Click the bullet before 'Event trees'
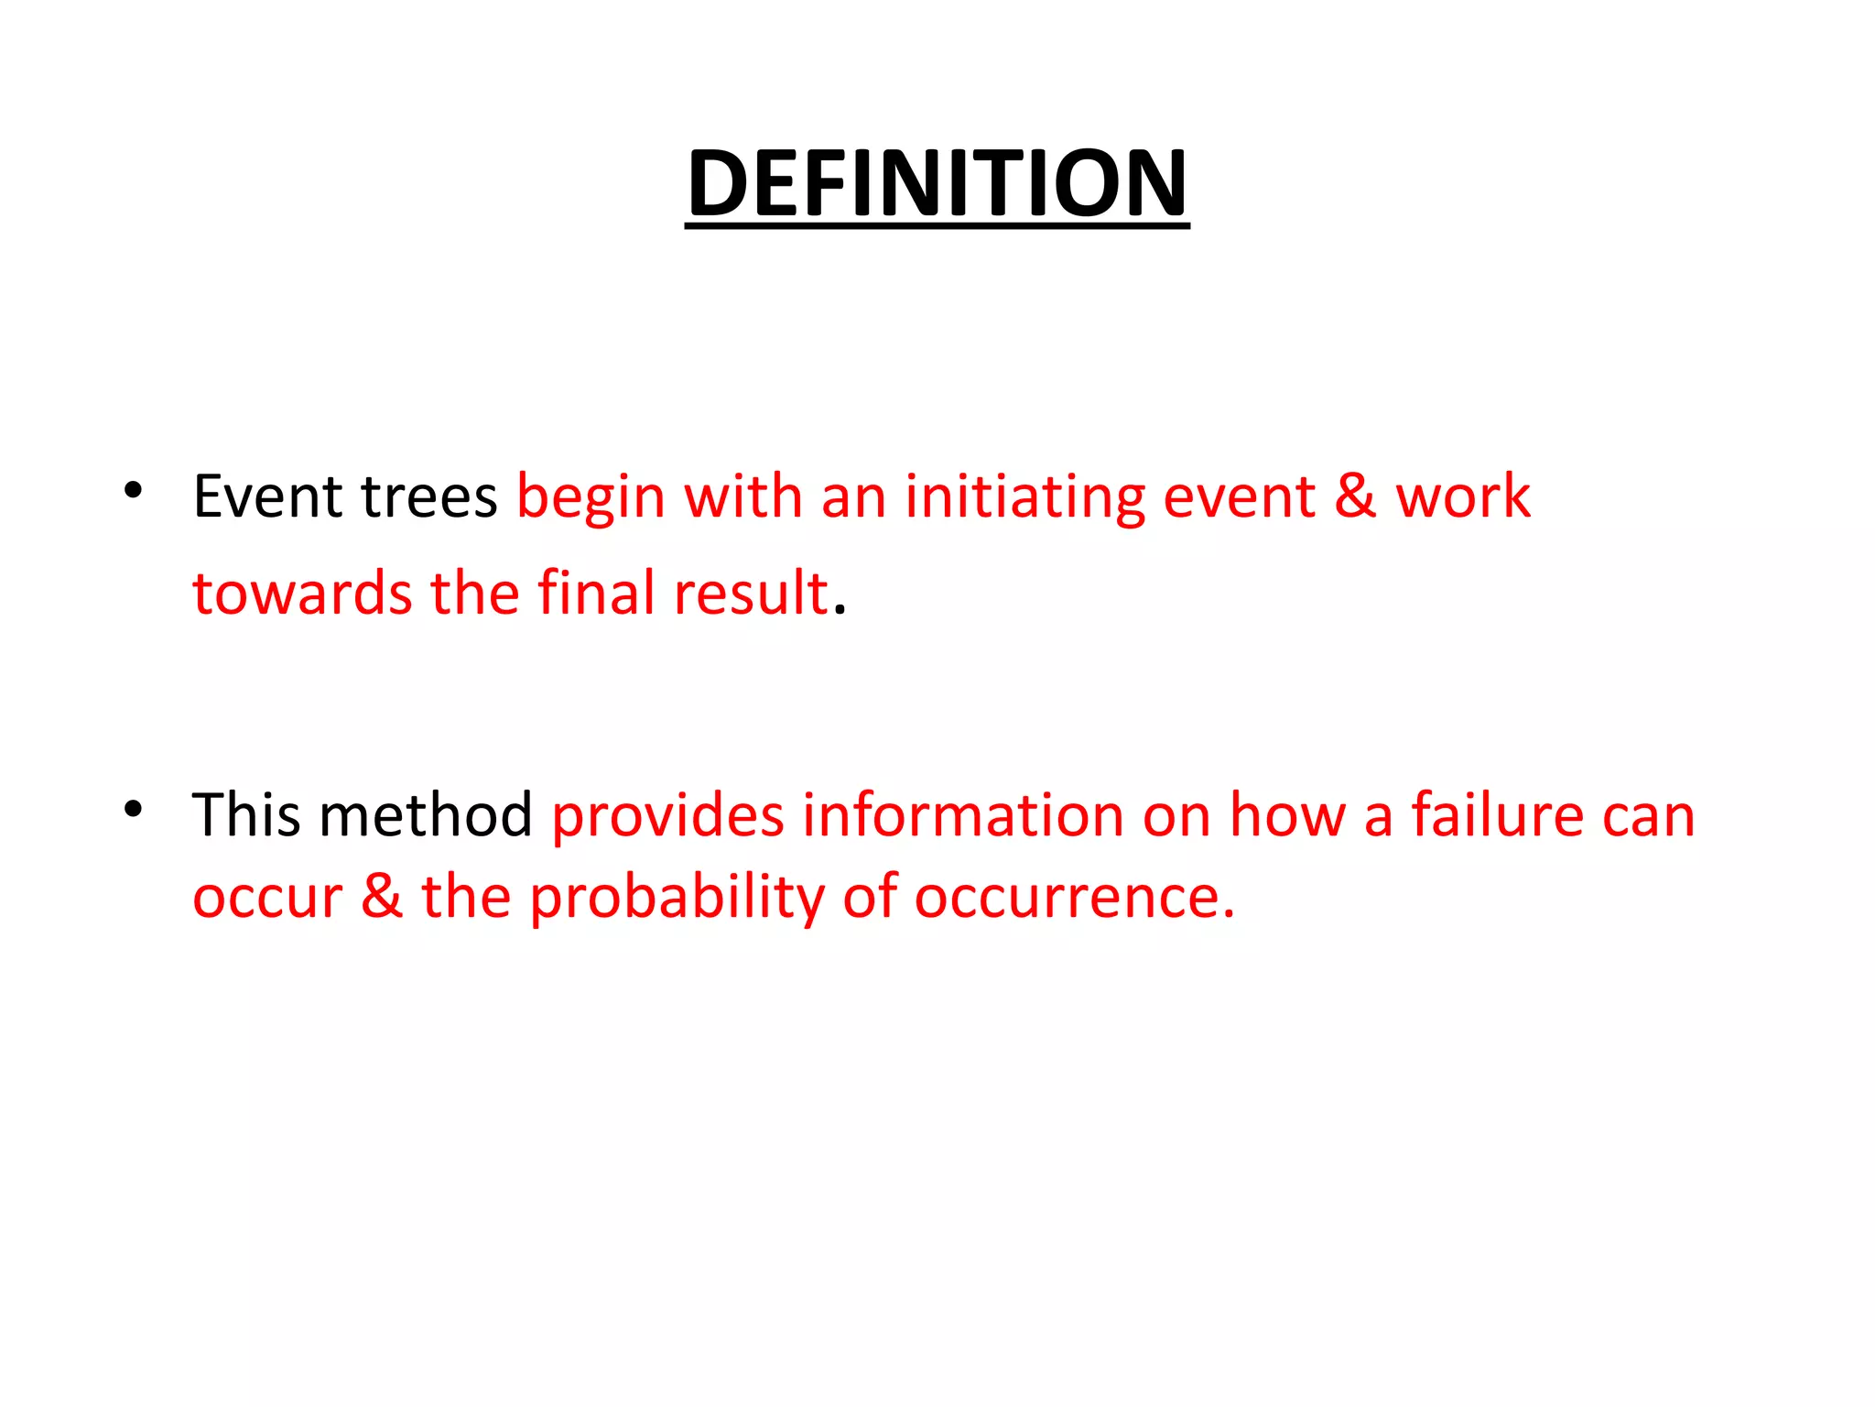click(134, 491)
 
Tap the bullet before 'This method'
click(134, 809)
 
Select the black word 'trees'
click(428, 497)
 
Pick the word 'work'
click(1462, 497)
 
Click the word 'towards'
click(303, 593)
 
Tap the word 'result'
click(751, 593)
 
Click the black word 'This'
click(245, 814)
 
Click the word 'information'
click(962, 814)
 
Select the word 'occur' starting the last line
click(267, 897)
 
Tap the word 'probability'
click(677, 899)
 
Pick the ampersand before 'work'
click(1355, 497)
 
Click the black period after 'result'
click(840, 610)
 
